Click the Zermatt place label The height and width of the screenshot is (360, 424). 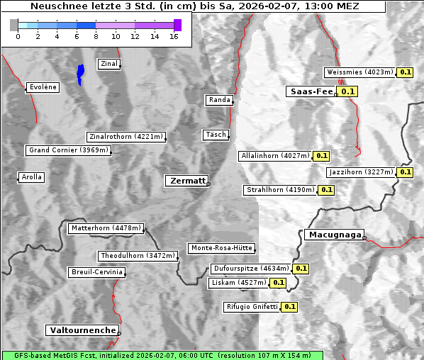click(187, 181)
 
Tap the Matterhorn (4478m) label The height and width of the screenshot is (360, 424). click(106, 228)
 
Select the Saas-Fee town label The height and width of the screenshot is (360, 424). click(311, 91)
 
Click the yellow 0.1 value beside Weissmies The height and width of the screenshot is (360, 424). click(406, 72)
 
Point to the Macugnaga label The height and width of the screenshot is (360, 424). click(334, 235)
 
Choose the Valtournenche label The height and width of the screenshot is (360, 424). click(82, 330)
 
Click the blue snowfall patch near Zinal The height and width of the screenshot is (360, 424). click(81, 73)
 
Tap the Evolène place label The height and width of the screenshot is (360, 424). click(43, 87)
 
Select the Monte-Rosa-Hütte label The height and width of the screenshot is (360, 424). click(221, 248)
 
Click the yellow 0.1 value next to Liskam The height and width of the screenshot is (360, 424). click(278, 283)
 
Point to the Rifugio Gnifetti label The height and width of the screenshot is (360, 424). click(252, 307)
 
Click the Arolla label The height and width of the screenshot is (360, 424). click(31, 177)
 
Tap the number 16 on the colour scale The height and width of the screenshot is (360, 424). click(173, 36)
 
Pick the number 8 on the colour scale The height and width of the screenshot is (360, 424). click(96, 36)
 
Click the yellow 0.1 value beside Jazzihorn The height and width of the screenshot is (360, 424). click(405, 172)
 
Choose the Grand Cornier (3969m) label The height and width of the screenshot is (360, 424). click(69, 150)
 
